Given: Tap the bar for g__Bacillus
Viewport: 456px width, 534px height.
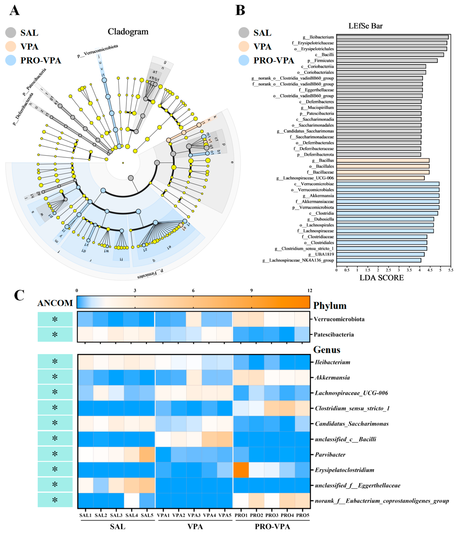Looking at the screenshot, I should [382, 160].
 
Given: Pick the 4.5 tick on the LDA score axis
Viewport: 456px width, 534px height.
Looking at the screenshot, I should [430, 270].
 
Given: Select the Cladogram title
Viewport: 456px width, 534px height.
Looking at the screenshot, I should [128, 32].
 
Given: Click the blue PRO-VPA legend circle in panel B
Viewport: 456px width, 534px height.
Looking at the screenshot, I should [244, 60].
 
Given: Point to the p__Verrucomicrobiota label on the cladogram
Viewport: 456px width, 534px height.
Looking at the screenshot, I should [98, 51].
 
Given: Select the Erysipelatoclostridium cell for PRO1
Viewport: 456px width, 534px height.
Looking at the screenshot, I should [241, 470].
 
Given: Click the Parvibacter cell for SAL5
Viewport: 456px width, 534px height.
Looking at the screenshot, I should [147, 454].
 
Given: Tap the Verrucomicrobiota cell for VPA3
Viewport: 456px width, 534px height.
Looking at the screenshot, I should [194, 319].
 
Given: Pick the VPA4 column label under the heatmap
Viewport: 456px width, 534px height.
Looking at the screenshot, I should [209, 515].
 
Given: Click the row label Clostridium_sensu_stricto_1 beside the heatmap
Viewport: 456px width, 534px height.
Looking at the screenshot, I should [352, 408].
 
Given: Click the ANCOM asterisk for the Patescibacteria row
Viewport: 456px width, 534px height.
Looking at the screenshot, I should [55, 334].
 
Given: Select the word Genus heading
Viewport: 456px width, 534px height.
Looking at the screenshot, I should [326, 350].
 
